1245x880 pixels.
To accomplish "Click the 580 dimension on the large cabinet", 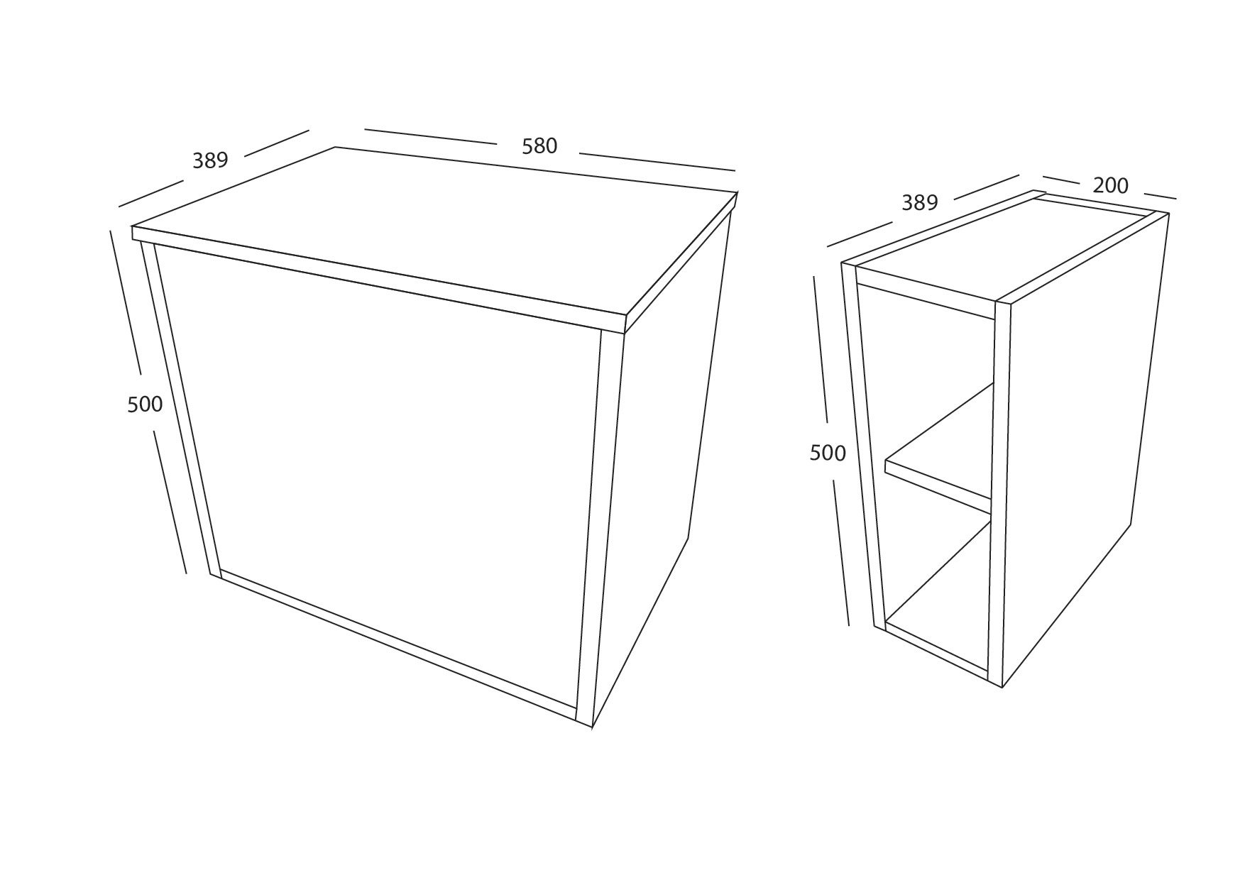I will click(539, 146).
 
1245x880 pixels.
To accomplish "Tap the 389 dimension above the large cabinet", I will click(210, 160).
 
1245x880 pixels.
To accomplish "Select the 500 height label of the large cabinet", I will click(145, 405).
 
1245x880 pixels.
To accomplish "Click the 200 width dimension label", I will click(1110, 185).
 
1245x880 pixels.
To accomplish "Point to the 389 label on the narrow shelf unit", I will click(920, 203).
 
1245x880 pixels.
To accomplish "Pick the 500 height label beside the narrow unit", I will click(828, 453).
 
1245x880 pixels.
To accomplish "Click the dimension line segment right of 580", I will click(657, 162).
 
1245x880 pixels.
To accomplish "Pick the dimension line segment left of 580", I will click(430, 137).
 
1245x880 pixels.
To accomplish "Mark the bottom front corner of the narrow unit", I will click(1001, 686).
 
